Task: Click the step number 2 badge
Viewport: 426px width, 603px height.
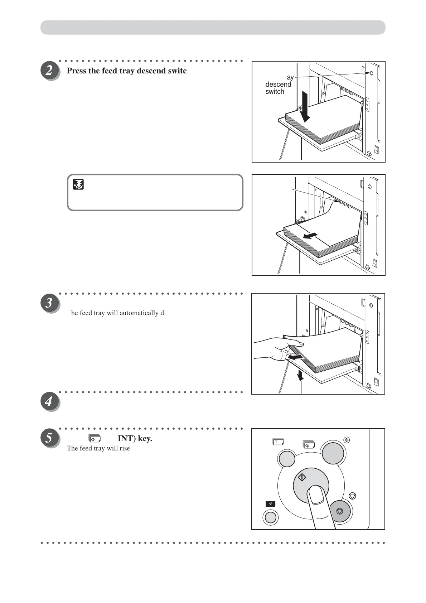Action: [x=50, y=71]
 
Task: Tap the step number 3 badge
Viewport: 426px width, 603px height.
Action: [x=50, y=303]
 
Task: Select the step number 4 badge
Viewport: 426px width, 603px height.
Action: [x=50, y=402]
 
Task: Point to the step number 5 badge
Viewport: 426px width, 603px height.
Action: [x=50, y=438]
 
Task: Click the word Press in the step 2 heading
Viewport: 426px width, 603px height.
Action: [x=77, y=71]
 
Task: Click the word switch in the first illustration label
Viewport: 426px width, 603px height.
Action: [x=275, y=92]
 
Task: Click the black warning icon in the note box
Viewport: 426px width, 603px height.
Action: [x=78, y=184]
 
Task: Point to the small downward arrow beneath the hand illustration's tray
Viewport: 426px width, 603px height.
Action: [x=300, y=375]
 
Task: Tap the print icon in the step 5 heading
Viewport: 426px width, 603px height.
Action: [x=95, y=438]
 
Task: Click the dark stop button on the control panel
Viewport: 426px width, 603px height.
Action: [x=339, y=511]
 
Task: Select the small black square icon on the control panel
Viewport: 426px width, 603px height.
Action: [x=271, y=503]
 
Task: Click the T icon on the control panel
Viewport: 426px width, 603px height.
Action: [x=278, y=442]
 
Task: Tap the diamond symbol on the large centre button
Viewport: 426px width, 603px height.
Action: [x=302, y=477]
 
